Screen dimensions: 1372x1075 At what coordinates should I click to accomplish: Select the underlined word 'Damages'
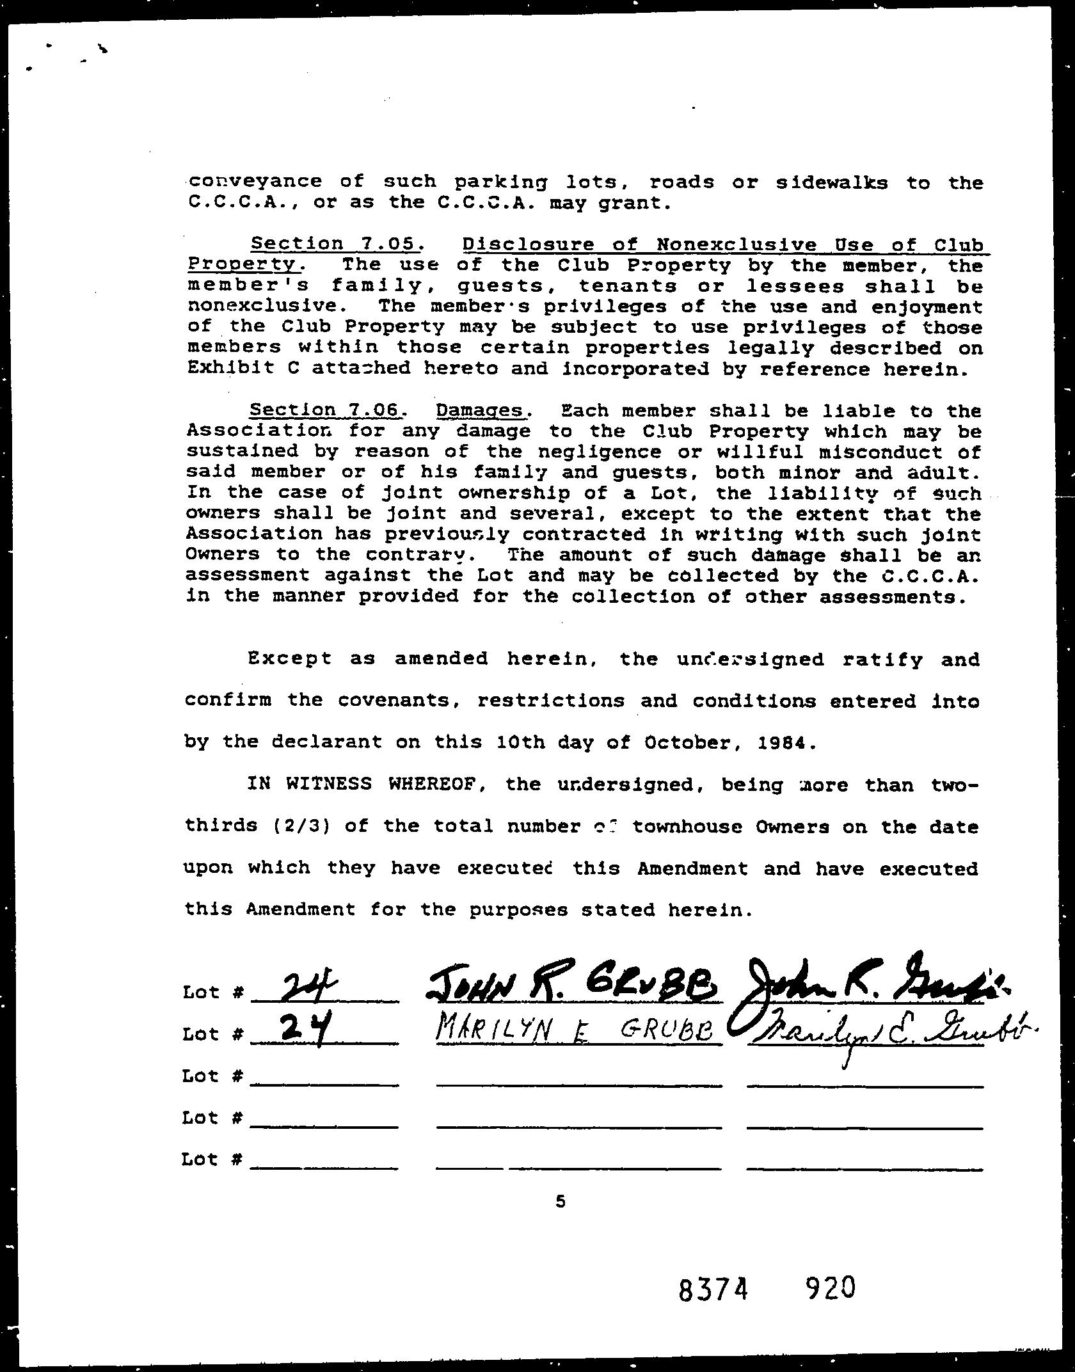coord(481,410)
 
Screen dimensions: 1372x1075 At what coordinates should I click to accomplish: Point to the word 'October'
coord(688,742)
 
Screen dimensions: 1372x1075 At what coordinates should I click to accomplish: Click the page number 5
coord(561,1202)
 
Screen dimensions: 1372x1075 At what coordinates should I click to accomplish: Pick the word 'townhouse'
coord(687,826)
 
